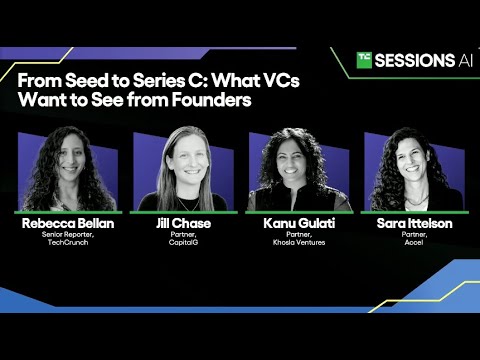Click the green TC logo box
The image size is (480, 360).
[365, 60]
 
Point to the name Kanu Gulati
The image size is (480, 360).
[298, 223]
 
